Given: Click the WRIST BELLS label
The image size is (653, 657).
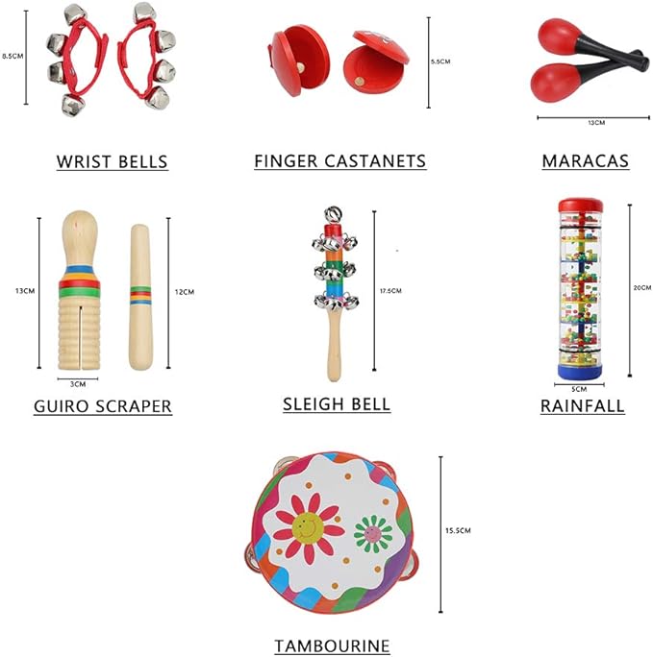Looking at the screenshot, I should (113, 161).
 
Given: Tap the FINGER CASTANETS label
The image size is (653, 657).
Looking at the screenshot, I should (339, 161).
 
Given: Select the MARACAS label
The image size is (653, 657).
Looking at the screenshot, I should (585, 161).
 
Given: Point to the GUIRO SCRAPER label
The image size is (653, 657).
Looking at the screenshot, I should (103, 406).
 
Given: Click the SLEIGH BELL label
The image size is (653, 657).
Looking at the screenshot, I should (337, 404).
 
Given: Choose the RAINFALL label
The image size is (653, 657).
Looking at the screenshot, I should (582, 406).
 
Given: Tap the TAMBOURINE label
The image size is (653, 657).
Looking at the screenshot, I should (332, 646).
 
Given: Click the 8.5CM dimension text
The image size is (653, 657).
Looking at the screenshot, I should (13, 56).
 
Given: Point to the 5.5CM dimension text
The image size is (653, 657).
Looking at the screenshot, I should (440, 61).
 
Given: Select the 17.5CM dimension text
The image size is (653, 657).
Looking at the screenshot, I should (390, 290).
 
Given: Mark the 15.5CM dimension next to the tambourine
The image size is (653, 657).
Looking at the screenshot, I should (458, 530).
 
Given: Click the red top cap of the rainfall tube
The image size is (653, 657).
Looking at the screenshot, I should (581, 205).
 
